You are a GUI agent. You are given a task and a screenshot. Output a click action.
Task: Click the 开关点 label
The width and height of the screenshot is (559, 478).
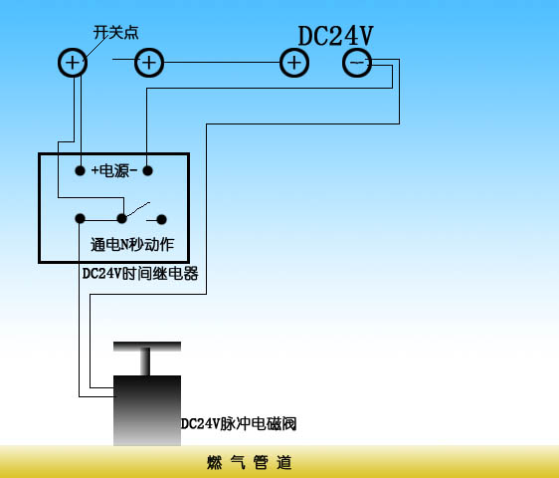[x=115, y=33]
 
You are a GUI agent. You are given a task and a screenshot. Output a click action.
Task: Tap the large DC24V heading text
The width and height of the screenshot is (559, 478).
[x=335, y=36]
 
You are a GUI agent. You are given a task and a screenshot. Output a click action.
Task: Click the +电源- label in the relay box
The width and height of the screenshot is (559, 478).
[x=114, y=170]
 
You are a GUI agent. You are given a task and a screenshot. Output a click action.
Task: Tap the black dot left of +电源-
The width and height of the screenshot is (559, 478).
[x=81, y=170]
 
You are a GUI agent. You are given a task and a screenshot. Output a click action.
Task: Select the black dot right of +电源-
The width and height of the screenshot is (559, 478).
[x=147, y=170]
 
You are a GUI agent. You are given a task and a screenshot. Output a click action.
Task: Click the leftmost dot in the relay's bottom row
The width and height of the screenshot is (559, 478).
[x=81, y=218]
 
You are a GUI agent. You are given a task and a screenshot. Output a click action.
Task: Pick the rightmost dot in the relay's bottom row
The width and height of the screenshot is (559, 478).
[x=161, y=219]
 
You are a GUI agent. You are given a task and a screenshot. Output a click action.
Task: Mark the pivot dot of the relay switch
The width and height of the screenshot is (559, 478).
[x=122, y=218]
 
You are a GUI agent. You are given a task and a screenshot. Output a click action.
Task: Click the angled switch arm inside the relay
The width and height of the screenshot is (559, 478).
[x=138, y=209]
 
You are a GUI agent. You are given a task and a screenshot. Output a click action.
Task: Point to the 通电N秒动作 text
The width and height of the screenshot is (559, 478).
[x=132, y=245]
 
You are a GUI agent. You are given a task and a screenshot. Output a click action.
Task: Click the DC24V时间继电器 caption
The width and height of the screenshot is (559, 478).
[x=140, y=274]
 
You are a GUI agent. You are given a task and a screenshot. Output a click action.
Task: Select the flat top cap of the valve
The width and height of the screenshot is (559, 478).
[x=147, y=347]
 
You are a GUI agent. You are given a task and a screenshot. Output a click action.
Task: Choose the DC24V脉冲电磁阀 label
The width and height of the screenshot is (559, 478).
[x=239, y=424]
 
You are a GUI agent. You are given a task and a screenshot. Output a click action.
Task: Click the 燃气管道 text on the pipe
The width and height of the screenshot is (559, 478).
[x=250, y=462]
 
